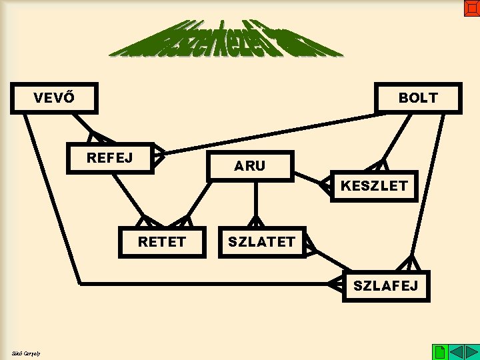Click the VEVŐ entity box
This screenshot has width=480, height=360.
click(x=54, y=98)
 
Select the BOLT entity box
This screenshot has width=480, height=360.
click(x=418, y=98)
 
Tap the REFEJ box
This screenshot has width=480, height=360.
click(x=110, y=158)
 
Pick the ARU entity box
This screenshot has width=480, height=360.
click(x=249, y=166)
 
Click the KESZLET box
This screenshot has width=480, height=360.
click(x=373, y=186)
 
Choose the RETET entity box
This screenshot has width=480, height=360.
click(x=161, y=241)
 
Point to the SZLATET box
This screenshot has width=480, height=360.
click(x=261, y=242)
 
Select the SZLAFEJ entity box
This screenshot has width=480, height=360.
click(x=385, y=286)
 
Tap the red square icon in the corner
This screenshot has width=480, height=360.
click(x=471, y=8)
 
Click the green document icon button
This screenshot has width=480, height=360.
click(x=439, y=351)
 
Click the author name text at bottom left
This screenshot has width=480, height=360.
click(x=26, y=353)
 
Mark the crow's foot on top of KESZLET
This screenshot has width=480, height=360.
click(x=381, y=165)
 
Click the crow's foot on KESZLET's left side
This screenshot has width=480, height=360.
click(x=325, y=186)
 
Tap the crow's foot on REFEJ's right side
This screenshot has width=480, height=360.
click(x=159, y=155)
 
